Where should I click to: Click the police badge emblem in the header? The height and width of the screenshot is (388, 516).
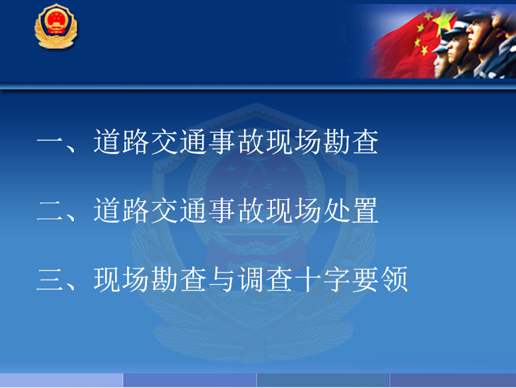(x=56, y=27)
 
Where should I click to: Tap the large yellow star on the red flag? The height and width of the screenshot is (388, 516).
(x=444, y=20)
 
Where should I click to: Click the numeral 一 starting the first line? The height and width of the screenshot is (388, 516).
(x=50, y=142)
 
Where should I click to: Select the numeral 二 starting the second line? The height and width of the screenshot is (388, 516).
(x=50, y=211)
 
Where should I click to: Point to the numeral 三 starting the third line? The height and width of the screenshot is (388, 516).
(x=50, y=280)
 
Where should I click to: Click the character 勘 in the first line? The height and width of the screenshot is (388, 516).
(x=336, y=142)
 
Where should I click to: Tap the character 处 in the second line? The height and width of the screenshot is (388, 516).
(x=336, y=211)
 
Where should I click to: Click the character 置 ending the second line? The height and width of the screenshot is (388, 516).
(x=365, y=211)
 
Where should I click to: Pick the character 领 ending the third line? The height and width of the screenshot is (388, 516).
(x=394, y=280)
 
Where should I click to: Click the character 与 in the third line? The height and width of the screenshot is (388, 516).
(x=221, y=280)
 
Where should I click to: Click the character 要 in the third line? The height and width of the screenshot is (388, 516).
(x=365, y=280)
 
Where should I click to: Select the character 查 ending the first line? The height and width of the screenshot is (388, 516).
(x=365, y=142)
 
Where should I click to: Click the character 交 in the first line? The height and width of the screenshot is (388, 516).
(x=164, y=142)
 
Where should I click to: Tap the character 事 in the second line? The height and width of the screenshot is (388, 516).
(x=221, y=211)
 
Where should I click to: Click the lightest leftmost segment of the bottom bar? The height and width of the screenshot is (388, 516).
(x=61, y=380)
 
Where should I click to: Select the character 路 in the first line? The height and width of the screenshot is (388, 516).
(x=135, y=142)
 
